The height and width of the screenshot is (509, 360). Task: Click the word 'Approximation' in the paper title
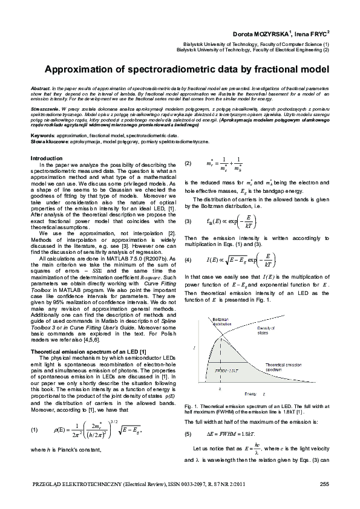(86, 70)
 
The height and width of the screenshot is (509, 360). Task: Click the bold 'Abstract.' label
(41, 88)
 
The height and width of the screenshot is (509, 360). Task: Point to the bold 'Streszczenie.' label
(45, 113)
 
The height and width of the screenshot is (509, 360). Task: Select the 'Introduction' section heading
(47, 158)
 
